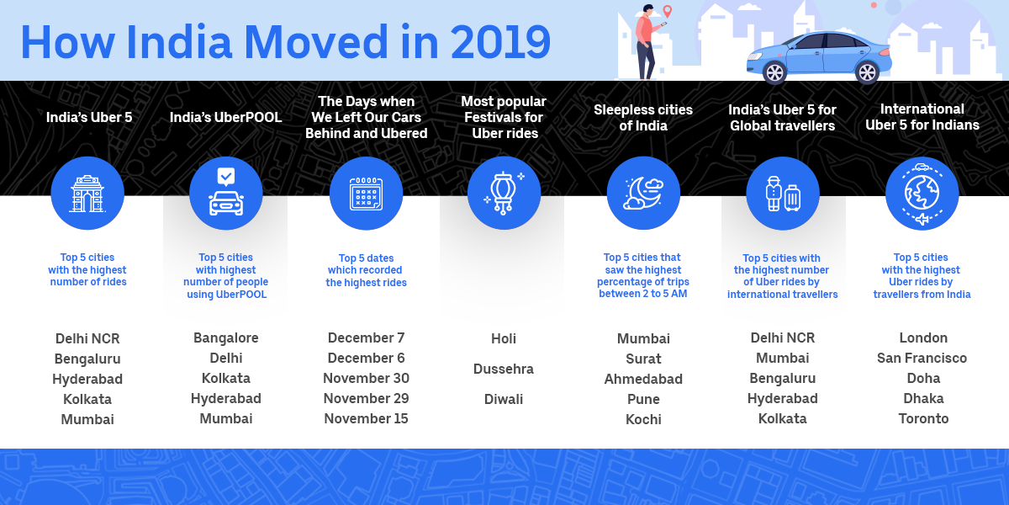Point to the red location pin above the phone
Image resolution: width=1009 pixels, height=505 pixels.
[x=668, y=12]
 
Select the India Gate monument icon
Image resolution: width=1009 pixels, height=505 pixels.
[x=87, y=193]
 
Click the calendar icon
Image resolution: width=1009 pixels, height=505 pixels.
[x=367, y=194]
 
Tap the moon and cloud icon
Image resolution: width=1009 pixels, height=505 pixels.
[x=643, y=193]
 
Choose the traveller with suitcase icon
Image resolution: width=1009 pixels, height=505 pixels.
[x=783, y=193]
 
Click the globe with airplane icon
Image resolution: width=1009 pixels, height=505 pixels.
[x=922, y=193]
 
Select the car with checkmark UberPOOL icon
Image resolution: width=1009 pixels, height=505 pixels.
[x=226, y=193]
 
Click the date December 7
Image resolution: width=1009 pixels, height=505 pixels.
[x=366, y=338]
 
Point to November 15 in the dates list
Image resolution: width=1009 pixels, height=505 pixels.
[x=366, y=419]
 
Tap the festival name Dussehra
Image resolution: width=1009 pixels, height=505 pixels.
[x=504, y=369]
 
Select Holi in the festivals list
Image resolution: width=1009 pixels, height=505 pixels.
[x=504, y=338]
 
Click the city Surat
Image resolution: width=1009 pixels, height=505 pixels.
[x=643, y=359]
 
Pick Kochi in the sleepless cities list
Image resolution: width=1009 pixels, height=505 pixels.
[x=643, y=419]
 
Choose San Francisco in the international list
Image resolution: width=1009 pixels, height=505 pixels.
[x=922, y=358]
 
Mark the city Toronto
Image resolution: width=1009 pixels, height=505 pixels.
[x=923, y=418]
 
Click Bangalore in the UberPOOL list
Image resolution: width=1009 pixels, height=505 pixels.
[x=226, y=338]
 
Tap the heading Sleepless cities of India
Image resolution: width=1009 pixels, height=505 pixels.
[x=643, y=117]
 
